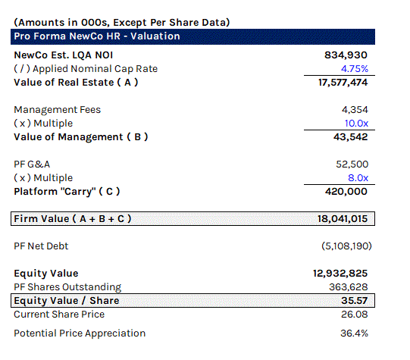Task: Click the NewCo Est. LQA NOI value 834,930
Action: pyautogui.click(x=346, y=55)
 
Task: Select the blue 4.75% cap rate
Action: pyautogui.click(x=355, y=69)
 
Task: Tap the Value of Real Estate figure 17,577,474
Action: pyautogui.click(x=343, y=83)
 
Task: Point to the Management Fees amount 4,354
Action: pyautogui.click(x=355, y=110)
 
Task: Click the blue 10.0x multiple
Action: pyautogui.click(x=356, y=123)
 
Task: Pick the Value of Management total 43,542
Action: pyautogui.click(x=350, y=136)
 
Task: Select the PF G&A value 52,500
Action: pyautogui.click(x=352, y=164)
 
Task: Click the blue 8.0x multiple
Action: pyautogui.click(x=358, y=178)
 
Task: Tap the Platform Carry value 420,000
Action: pyautogui.click(x=346, y=192)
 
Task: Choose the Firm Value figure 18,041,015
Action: pyautogui.click(x=343, y=219)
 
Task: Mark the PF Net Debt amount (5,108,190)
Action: pyautogui.click(x=346, y=246)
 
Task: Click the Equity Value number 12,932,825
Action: pyautogui.click(x=340, y=274)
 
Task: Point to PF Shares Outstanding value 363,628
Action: pyautogui.click(x=349, y=287)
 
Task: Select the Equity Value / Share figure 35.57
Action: pyautogui.click(x=355, y=301)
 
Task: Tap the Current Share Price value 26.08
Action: pyautogui.click(x=355, y=315)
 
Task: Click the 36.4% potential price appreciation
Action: pyautogui.click(x=355, y=333)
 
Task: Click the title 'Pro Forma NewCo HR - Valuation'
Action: pyautogui.click(x=97, y=36)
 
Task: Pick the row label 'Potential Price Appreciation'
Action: pyautogui.click(x=80, y=333)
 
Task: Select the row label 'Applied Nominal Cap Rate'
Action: pyautogui.click(x=95, y=69)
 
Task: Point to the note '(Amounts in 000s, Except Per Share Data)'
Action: pyautogui.click(x=122, y=23)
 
